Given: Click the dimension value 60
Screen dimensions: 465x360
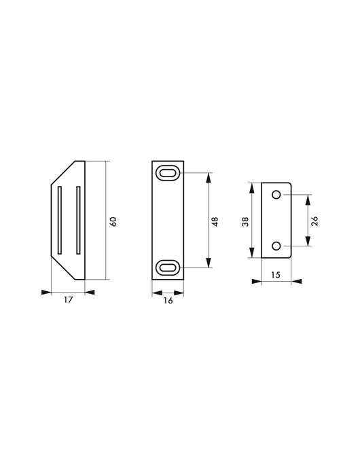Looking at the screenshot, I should tap(113, 221).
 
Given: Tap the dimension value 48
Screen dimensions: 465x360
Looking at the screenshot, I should tap(215, 221).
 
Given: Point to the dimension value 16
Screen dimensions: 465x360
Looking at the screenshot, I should tap(168, 301).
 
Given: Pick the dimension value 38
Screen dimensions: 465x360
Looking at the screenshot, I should tap(245, 221).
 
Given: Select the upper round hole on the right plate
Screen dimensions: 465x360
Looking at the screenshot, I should tap(276, 196).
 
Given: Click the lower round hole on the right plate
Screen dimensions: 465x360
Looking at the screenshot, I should tap(276, 245).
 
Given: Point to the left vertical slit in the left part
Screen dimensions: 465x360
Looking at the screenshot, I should tap(60, 219).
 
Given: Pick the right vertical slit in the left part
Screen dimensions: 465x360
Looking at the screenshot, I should tap(77, 219).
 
